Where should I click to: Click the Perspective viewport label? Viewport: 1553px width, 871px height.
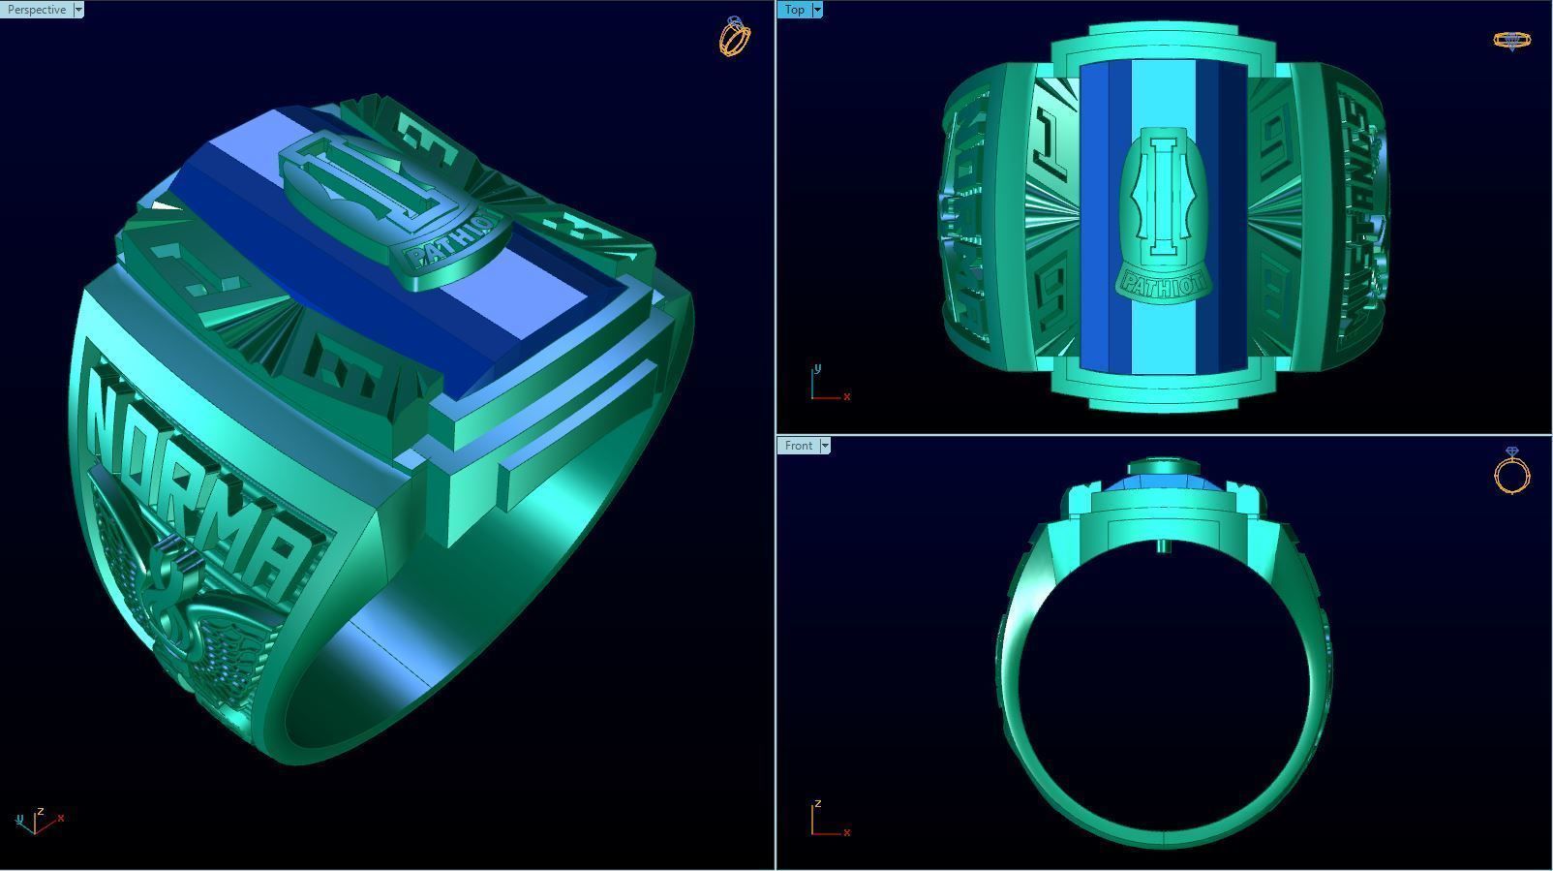[36, 10]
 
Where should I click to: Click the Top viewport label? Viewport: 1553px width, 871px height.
[794, 10]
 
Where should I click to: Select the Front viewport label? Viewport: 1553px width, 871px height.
[799, 446]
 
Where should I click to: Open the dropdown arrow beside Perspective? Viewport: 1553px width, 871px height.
[78, 10]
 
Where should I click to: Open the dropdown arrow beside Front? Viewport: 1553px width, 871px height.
[825, 446]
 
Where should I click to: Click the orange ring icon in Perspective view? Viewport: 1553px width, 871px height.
[735, 37]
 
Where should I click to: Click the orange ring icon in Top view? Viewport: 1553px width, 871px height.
[1511, 41]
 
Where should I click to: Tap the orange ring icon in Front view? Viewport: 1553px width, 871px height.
[1512, 472]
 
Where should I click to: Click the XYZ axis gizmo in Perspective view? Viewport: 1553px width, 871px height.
[37, 822]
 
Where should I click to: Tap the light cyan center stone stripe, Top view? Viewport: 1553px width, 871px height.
[1162, 97]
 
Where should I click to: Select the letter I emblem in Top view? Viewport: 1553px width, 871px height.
[1161, 199]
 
